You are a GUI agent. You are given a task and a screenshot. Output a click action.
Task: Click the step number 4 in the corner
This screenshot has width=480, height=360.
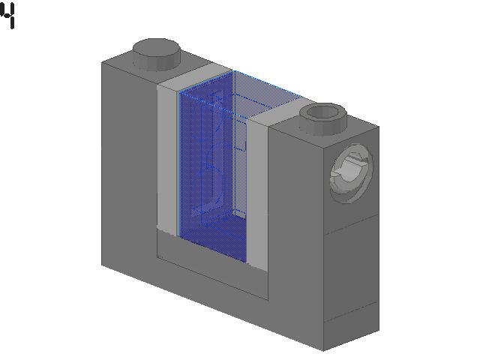[x=8, y=16]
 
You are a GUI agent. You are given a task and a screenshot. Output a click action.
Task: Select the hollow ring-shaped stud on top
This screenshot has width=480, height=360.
[x=323, y=116]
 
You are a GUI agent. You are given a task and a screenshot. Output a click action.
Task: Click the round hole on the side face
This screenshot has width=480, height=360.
[x=350, y=175]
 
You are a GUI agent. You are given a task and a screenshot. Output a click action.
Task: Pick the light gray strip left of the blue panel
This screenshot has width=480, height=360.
[x=167, y=157]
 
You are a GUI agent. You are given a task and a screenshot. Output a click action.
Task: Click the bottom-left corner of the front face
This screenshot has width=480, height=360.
[x=102, y=264]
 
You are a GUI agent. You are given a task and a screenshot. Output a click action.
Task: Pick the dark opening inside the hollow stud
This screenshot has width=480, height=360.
[x=323, y=113]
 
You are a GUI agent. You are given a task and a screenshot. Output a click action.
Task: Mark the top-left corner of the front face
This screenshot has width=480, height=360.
[x=102, y=62]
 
